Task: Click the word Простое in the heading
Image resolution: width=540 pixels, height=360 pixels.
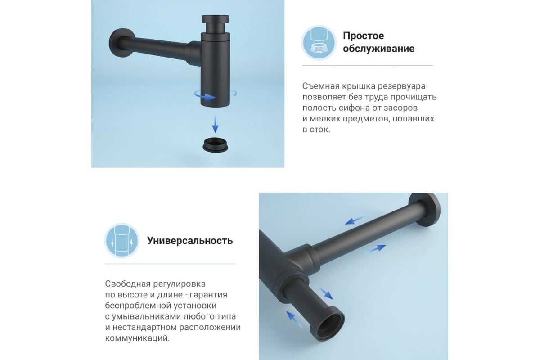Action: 363,36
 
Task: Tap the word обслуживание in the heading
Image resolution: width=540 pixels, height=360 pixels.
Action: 379,49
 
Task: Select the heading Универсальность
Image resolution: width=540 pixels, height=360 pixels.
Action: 190,241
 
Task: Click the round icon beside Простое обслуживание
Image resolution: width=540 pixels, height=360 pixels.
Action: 319,43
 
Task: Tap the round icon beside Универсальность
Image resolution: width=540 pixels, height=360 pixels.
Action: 122,241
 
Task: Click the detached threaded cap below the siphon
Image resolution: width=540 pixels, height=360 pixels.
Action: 215,145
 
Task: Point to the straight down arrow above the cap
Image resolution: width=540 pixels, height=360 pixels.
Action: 215,124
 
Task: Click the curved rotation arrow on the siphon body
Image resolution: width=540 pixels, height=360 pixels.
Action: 205,96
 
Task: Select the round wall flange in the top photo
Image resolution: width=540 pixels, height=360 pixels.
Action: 119,43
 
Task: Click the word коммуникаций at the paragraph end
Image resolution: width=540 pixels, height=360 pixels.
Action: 137,338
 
